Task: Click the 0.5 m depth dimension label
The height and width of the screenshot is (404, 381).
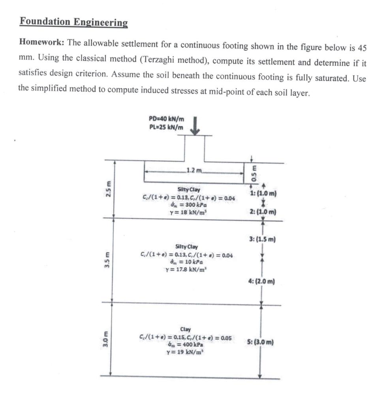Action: pyautogui.click(x=255, y=173)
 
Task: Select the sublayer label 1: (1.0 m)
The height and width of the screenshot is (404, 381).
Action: pyautogui.click(x=263, y=194)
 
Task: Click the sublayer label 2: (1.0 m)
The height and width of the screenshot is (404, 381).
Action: pyautogui.click(x=263, y=212)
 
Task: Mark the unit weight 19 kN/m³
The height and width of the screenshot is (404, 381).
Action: pyautogui.click(x=185, y=352)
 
